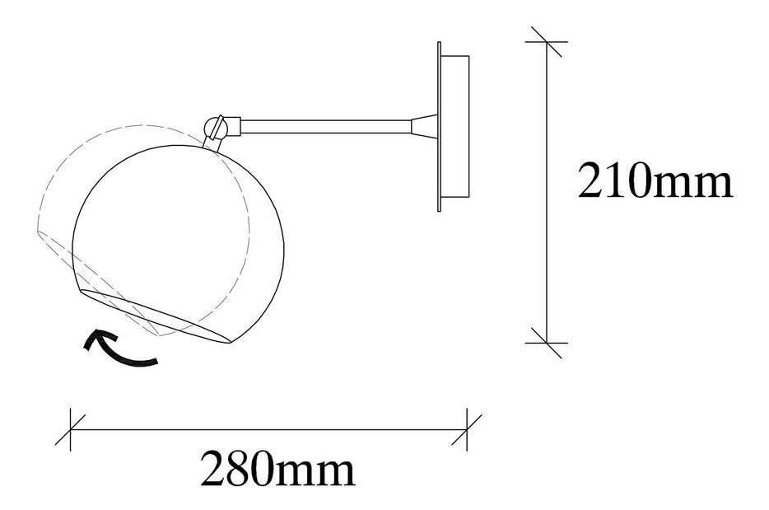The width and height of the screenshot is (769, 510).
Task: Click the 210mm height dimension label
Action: point(655,180)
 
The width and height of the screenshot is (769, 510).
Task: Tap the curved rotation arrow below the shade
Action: point(121,349)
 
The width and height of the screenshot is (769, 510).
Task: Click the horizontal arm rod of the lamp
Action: point(326,126)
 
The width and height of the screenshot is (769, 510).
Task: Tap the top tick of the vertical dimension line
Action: point(547,42)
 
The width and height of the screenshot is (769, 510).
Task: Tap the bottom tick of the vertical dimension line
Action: point(547,343)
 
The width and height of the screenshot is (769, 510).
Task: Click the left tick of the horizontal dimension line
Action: point(71,429)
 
